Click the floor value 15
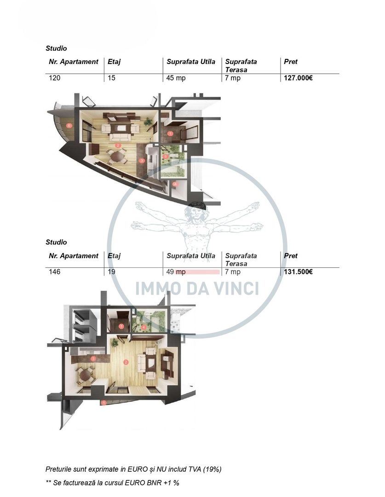pos(111,78)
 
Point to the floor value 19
pos(111,272)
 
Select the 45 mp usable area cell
pos(176,78)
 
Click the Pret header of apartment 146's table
pos(291,256)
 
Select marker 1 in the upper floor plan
pos(170,133)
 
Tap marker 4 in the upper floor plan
pos(175,184)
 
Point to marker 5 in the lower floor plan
pos(104,403)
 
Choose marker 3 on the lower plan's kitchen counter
pos(93,358)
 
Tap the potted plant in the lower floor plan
pos(115,343)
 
